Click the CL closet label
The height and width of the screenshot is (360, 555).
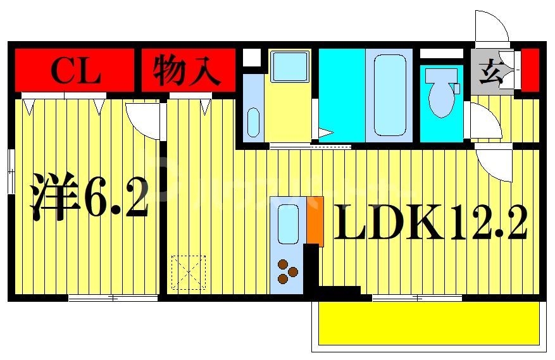pyautogui.click(x=75, y=71)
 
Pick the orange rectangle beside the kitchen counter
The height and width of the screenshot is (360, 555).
pyautogui.click(x=315, y=220)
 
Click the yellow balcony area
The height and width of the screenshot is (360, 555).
pyautogui.click(x=428, y=323)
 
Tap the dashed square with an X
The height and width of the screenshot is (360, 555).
pyautogui.click(x=189, y=272)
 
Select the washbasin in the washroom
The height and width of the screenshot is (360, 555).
pyautogui.click(x=253, y=121)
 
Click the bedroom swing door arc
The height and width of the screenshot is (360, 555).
pyautogui.click(x=140, y=119)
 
